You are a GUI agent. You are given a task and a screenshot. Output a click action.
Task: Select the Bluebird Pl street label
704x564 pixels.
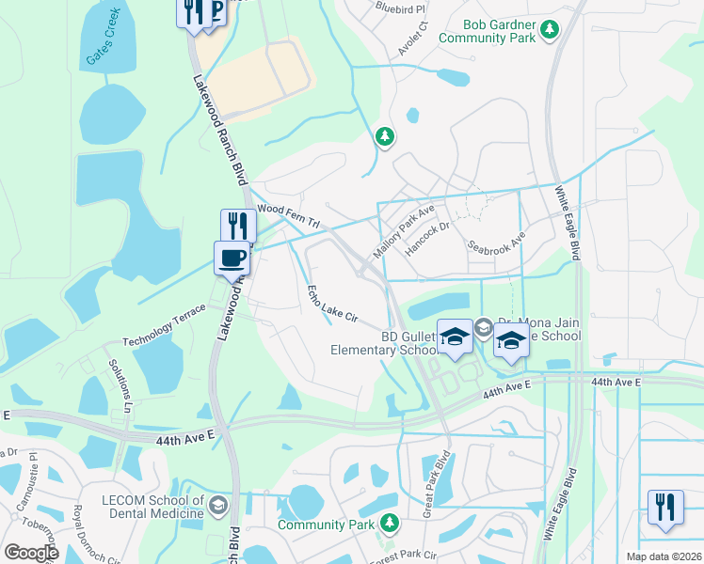[400, 7]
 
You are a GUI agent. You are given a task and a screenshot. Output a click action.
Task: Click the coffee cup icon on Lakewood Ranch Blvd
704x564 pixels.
[232, 257]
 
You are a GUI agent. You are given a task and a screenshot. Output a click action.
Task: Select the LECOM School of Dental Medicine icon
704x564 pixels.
[218, 506]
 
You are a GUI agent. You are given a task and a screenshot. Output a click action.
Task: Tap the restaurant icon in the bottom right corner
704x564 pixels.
[665, 506]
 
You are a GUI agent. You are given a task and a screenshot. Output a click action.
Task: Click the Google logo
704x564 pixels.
[30, 553]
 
